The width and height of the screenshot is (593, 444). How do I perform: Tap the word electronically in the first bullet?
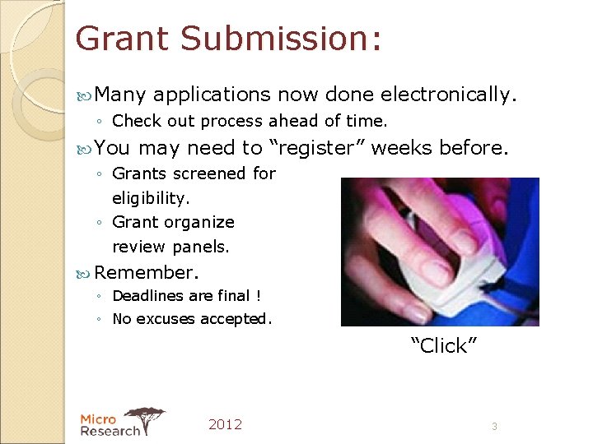point(430,95)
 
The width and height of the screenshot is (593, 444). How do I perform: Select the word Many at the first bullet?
point(120,95)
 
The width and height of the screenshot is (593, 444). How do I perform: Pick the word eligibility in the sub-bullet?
point(151,198)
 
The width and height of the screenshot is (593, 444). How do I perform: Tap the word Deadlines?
point(149,295)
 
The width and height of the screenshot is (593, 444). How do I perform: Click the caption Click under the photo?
point(444,345)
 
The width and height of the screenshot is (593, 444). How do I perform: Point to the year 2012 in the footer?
point(225,424)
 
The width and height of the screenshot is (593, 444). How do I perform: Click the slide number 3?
point(494,427)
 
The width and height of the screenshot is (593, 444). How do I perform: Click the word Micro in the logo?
point(98,419)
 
